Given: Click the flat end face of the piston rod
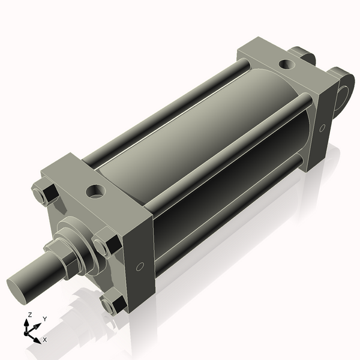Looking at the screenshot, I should pyautogui.click(x=18, y=286).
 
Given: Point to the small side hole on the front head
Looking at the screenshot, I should pyautogui.click(x=140, y=266).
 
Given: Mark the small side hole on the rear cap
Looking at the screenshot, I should pyautogui.click(x=322, y=127).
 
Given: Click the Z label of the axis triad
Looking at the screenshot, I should pyautogui.click(x=29, y=314).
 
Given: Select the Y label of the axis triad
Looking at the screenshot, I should pyautogui.click(x=44, y=319).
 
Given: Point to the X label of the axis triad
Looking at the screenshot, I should pyautogui.click(x=44, y=340).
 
